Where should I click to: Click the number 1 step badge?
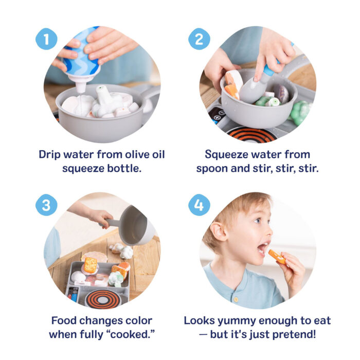tap(46, 39)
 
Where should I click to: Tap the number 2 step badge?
tap(199, 39)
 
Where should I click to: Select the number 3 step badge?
tap(46, 205)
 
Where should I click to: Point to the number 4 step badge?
tap(199, 205)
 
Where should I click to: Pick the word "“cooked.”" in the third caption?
tap(131, 334)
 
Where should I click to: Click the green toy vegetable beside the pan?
tap(300, 111)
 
